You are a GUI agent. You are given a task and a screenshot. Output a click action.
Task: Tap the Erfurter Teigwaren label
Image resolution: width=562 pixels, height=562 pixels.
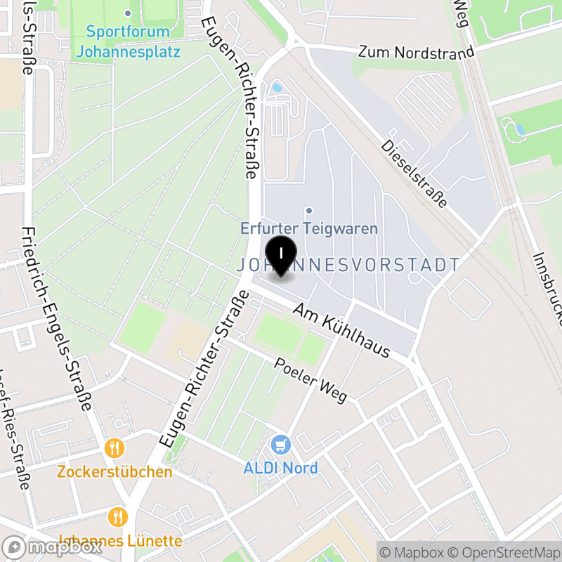pyautogui.click(x=309, y=228)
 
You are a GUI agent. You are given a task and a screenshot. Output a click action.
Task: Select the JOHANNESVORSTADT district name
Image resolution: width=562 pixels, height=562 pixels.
pyautogui.click(x=348, y=266)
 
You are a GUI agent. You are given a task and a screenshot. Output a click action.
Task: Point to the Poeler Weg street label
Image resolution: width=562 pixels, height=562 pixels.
pyautogui.click(x=311, y=380)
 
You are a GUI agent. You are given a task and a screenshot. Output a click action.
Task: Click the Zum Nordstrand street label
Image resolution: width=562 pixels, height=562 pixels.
pyautogui.click(x=416, y=53)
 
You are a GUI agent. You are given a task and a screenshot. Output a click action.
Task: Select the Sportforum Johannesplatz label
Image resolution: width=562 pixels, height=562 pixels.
pyautogui.click(x=128, y=41)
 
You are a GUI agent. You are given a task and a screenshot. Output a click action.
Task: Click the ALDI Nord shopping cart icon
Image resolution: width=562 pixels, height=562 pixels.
pyautogui.click(x=281, y=444)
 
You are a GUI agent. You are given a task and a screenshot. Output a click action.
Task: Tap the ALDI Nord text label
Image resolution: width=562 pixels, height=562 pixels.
pyautogui.click(x=281, y=468)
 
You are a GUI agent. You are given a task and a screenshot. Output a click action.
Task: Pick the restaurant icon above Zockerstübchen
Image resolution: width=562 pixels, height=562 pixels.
pyautogui.click(x=115, y=447)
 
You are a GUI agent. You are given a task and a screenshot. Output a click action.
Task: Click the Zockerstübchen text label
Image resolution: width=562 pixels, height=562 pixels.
pyautogui.click(x=115, y=471)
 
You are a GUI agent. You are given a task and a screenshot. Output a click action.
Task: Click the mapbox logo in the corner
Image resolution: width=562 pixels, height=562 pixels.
pyautogui.click(x=53, y=548)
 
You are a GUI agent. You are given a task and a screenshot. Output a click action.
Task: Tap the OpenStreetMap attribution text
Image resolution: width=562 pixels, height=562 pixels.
pyautogui.click(x=505, y=552)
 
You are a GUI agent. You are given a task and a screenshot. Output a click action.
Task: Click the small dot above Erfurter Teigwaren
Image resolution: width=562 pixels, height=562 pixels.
pyautogui.click(x=309, y=210)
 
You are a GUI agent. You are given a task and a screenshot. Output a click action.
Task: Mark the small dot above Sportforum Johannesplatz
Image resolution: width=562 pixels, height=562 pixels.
pyautogui.click(x=128, y=13)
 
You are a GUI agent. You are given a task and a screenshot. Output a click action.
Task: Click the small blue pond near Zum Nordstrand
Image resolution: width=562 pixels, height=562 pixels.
pyautogui.click(x=277, y=88)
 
